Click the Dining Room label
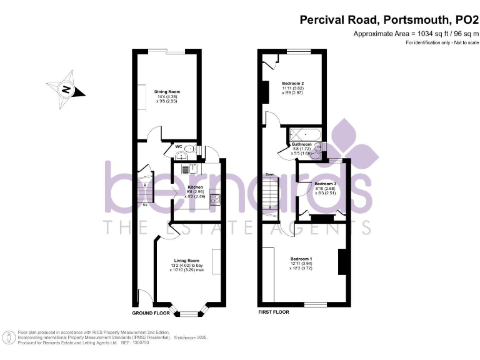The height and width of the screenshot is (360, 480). point(163,92)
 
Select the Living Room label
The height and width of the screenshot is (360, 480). point(186,261)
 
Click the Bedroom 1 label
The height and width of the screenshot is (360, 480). point(301,259)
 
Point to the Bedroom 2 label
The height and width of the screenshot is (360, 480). point(292,84)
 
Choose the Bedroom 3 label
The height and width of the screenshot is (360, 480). point(324,184)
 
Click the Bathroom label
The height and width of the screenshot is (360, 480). point(301,144)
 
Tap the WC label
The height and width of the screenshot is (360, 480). point(178,147)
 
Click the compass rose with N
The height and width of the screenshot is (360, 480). point(65,89)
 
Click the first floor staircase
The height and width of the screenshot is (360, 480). point(270,195)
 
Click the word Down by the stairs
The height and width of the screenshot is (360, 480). point(269,174)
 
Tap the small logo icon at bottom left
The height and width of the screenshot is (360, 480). point(9,338)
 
